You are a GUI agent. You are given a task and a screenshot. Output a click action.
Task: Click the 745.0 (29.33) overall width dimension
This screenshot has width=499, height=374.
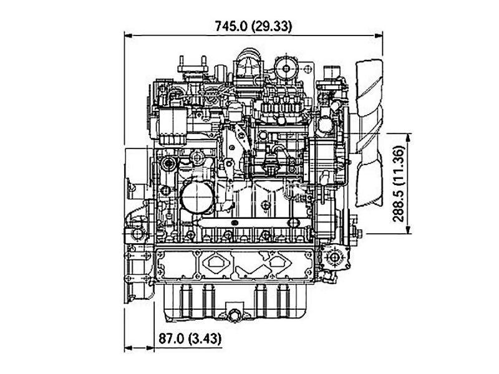[253, 26]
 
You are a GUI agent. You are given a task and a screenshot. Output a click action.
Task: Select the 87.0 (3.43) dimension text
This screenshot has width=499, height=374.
[190, 338]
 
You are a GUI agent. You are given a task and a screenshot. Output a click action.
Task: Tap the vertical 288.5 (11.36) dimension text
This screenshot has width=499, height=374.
[398, 183]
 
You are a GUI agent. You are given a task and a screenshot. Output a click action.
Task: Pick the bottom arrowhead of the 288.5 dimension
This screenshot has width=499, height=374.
[409, 229]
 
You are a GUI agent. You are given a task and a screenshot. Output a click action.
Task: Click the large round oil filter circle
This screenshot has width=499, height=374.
[197, 197]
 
